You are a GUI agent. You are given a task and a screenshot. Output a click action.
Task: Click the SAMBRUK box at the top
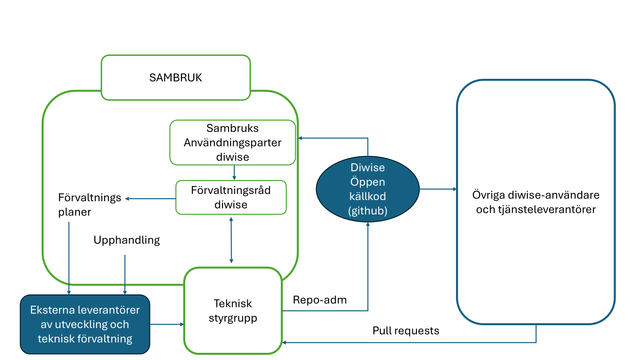(x=176, y=78)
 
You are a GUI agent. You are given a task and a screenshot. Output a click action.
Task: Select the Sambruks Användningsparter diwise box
(x=232, y=142)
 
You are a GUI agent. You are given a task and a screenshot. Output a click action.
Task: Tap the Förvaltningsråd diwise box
(x=231, y=197)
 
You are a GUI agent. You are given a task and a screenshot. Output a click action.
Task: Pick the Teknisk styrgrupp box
(x=233, y=310)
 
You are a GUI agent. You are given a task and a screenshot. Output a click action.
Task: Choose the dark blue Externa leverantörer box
(x=85, y=324)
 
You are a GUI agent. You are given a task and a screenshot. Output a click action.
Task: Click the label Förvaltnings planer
(x=90, y=204)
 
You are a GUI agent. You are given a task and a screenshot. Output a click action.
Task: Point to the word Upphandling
(x=126, y=240)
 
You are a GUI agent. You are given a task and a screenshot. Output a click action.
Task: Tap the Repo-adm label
(x=320, y=300)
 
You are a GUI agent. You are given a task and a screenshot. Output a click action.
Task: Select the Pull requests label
(x=406, y=331)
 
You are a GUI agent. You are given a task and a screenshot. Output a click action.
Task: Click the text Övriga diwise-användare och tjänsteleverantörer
(x=536, y=202)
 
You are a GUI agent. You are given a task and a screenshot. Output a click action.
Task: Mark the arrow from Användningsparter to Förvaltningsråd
(x=234, y=172)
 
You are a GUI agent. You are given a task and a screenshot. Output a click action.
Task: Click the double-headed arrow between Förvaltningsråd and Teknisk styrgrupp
(x=231, y=240)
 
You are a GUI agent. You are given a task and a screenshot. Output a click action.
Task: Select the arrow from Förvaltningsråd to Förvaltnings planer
(x=151, y=198)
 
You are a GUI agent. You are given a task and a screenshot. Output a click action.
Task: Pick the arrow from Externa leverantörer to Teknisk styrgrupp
(x=167, y=324)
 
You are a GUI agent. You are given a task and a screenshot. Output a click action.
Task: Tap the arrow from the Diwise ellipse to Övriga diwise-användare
(x=438, y=189)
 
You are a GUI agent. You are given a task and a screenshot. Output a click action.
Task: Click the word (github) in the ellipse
(x=368, y=211)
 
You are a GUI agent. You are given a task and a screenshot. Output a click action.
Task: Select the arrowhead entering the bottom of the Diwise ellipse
(x=368, y=225)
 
